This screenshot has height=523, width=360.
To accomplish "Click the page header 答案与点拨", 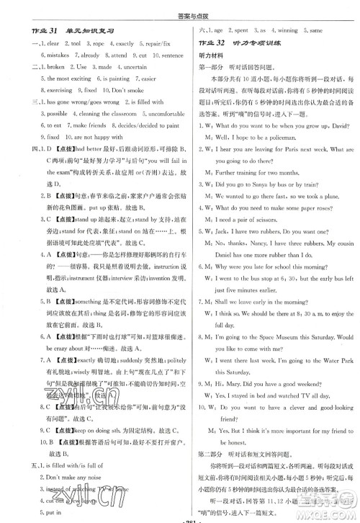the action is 179,9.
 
